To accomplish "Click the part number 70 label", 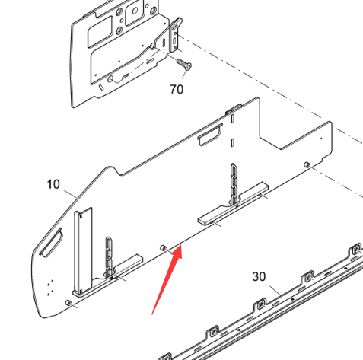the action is click(x=177, y=89).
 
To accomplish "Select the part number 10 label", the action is click(x=53, y=184).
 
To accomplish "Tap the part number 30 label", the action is click(x=259, y=276).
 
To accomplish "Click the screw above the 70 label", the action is click(x=184, y=64).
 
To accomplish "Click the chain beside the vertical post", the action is click(x=109, y=257).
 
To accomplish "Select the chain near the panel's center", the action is click(x=234, y=184).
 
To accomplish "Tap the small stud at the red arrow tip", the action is click(x=163, y=247).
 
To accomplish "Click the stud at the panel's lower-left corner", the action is click(x=68, y=303).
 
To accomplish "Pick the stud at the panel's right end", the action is click(x=307, y=165).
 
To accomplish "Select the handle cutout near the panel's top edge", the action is click(x=210, y=134).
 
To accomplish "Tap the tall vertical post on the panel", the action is click(x=82, y=250).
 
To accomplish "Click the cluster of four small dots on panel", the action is click(x=50, y=288).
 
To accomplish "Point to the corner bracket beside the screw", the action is click(x=175, y=35).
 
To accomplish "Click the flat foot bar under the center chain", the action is click(x=233, y=203).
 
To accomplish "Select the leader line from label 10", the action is click(x=70, y=194).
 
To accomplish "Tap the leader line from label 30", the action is click(x=275, y=291).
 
